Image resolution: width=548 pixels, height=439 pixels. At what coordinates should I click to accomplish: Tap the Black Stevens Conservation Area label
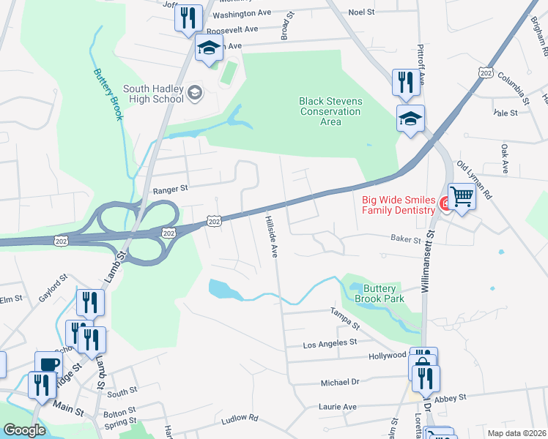tap(330, 112)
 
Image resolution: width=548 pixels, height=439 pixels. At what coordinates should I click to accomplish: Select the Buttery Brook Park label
tap(379, 294)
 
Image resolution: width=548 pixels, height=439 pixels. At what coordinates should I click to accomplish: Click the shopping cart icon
tap(462, 196)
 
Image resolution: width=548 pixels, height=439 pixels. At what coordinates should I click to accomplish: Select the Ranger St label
tap(170, 189)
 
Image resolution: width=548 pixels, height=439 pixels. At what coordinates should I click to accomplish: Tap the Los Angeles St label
tap(330, 342)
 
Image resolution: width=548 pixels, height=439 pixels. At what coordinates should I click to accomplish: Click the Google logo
tap(24, 429)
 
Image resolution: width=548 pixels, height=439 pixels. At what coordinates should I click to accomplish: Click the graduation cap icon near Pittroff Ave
tap(410, 117)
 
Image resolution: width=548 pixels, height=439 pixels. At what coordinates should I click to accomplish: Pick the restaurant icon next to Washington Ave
tap(188, 18)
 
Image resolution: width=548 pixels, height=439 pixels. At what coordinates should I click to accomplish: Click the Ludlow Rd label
tap(240, 419)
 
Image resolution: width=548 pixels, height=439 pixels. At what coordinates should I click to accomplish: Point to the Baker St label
tap(406, 239)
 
